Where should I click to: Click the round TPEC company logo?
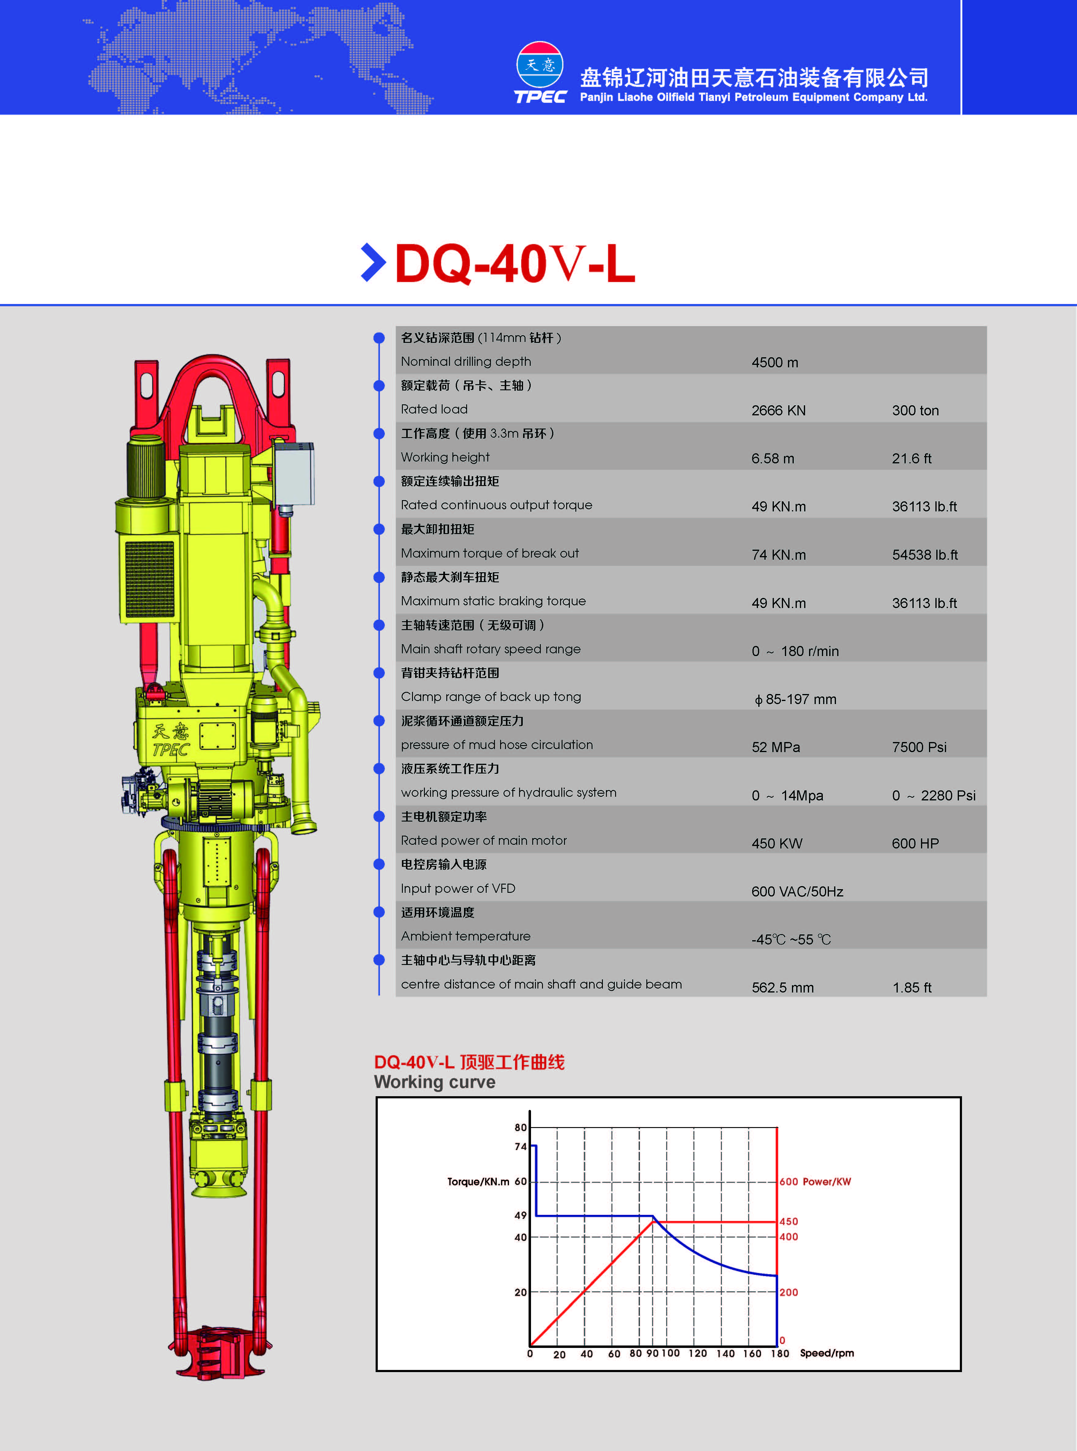pyautogui.click(x=540, y=65)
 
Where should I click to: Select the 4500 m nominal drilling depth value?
pyautogui.click(x=774, y=362)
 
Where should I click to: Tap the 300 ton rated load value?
pyautogui.click(x=915, y=411)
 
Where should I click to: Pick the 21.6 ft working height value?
pyautogui.click(x=912, y=458)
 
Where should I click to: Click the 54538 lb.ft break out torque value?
pyautogui.click(x=924, y=555)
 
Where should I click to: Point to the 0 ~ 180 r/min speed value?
pyautogui.click(x=795, y=651)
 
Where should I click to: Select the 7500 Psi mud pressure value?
pyautogui.click(x=919, y=747)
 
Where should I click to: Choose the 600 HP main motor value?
pyautogui.click(x=915, y=844)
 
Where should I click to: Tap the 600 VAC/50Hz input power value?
pyautogui.click(x=797, y=892)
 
